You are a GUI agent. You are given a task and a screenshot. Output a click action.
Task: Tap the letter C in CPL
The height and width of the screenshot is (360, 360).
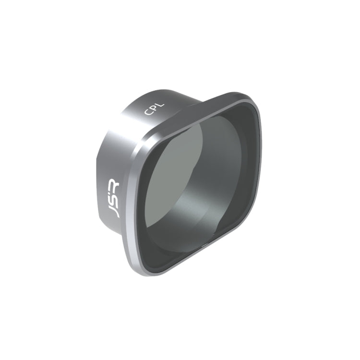point(148,113)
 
